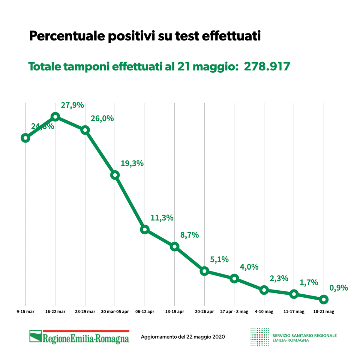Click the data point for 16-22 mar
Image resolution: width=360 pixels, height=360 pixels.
coord(55,117)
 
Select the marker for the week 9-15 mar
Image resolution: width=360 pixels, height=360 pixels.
coord(25,138)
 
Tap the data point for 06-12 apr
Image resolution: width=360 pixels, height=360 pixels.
coord(145,229)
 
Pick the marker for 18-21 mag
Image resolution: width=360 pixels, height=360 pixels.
coord(324,299)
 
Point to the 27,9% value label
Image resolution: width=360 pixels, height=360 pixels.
coord(72,105)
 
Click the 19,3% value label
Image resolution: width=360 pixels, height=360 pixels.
coord(132,163)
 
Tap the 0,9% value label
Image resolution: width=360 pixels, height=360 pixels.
coord(339,288)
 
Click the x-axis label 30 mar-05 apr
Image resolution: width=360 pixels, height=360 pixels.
coord(115,311)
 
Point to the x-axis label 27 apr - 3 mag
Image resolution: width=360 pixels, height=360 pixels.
coord(234,311)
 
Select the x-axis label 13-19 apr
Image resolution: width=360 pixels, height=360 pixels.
coord(174,311)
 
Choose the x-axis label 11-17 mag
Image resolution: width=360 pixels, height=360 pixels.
coord(294,311)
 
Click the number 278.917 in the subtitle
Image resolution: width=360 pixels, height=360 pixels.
coord(267,66)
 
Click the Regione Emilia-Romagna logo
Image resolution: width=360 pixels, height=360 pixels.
coord(79,336)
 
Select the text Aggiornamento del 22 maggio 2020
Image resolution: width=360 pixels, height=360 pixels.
coord(183,337)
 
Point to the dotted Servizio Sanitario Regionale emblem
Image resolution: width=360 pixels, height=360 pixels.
coord(259,337)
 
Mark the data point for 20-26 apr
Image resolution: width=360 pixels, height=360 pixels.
coord(204,271)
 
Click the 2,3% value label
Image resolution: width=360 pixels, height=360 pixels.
coord(279,278)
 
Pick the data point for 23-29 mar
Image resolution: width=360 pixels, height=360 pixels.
coord(85,130)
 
